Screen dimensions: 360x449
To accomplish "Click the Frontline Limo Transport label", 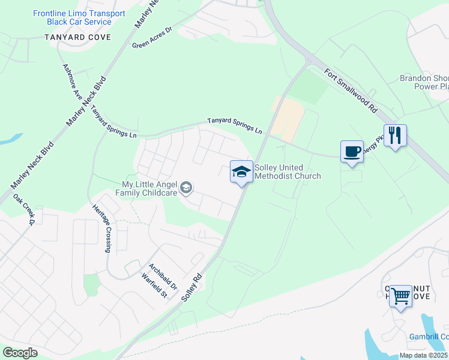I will click(x=79, y=17).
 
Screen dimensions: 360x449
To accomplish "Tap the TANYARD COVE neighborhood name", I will click(x=78, y=37).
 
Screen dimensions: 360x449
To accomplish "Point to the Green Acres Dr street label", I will click(x=152, y=37).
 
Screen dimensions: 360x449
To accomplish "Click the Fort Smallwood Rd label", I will click(x=350, y=90).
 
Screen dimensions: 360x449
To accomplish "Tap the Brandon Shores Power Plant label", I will click(x=424, y=82).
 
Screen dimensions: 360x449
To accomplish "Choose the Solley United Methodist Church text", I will click(x=288, y=172).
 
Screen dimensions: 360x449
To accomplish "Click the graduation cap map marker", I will click(x=241, y=172).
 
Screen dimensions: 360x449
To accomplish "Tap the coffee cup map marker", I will click(x=352, y=151).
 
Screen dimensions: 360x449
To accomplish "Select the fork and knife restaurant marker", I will click(x=395, y=135).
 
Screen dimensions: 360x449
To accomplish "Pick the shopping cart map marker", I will click(x=400, y=296).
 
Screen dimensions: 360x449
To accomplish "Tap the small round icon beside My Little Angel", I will click(x=187, y=188).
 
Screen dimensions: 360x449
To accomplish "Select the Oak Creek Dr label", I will click(x=25, y=209).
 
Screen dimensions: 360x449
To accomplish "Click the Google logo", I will click(x=20, y=353).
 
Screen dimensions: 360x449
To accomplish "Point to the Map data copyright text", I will click(x=424, y=355).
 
